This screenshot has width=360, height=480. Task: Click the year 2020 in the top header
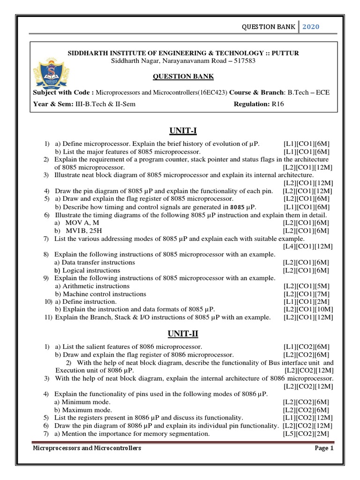pos(310,27)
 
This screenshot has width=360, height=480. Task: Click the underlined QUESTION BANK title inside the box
pos(184,76)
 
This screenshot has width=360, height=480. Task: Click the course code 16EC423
pos(212,92)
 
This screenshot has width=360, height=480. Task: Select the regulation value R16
pos(277,104)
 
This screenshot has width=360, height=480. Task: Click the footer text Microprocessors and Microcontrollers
pos(87,449)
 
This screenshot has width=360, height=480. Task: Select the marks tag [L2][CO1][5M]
pos(307,286)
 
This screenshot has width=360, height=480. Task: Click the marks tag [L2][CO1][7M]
pos(307,294)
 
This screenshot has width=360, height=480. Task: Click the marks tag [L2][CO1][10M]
pos(307,309)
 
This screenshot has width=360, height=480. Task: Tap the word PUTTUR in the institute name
pos(283,52)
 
